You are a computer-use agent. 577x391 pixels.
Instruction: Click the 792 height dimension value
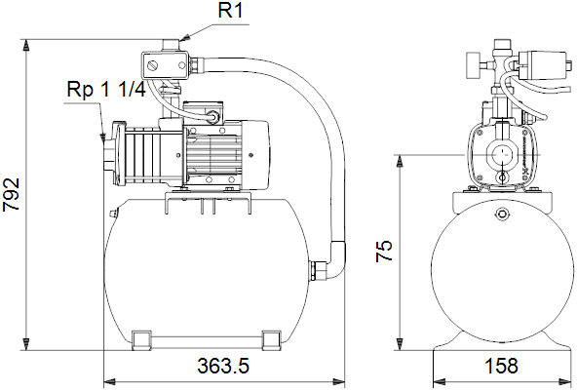tap(11, 194)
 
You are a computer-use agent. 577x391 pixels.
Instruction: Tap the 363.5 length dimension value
tap(223, 366)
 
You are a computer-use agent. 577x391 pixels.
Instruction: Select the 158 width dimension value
tap(501, 366)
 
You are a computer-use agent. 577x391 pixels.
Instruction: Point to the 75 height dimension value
tap(384, 251)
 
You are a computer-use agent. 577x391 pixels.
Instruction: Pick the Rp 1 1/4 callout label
tap(106, 90)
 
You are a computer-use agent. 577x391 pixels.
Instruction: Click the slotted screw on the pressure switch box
tap(153, 66)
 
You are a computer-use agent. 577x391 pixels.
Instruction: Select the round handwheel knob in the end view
tap(473, 65)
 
